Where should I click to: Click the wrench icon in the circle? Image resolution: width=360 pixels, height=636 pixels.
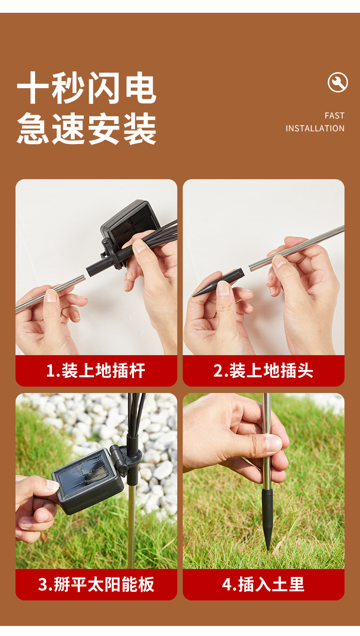[x=338, y=83]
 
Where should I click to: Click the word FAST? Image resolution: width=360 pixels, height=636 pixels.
[x=334, y=115]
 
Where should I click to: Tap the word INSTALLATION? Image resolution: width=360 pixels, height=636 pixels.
[x=315, y=128]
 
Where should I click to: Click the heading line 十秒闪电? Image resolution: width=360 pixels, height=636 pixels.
[x=87, y=88]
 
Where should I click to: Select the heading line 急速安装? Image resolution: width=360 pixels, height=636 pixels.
[x=87, y=128]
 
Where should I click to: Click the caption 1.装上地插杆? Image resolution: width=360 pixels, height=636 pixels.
[x=96, y=371]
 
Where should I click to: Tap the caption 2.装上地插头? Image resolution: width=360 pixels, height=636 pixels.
[x=263, y=371]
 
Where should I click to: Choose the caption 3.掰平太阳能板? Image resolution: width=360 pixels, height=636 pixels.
[x=96, y=584]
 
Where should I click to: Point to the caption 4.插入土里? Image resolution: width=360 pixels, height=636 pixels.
[x=263, y=584]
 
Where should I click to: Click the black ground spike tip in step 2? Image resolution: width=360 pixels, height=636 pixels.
[x=218, y=283]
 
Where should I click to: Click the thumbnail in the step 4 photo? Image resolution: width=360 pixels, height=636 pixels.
[x=273, y=444]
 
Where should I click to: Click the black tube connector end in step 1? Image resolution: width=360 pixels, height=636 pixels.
[x=91, y=270]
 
